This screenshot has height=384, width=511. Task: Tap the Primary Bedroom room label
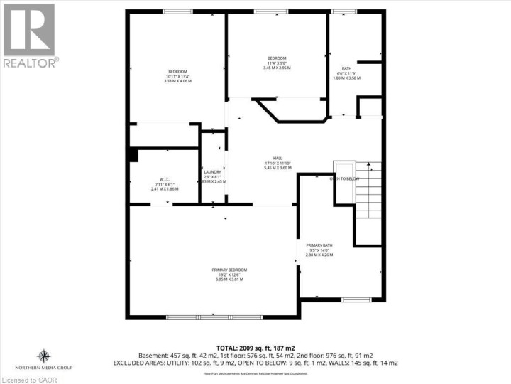(229, 270)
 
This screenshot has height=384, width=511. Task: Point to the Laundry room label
(212, 172)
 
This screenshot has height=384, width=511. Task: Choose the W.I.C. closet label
(164, 179)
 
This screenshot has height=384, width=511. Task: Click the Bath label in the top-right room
(348, 68)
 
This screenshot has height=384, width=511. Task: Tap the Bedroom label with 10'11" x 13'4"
(177, 71)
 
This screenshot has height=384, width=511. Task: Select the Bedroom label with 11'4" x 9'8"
(277, 58)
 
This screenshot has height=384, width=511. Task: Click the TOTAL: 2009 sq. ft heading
(255, 346)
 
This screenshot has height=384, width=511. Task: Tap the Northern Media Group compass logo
(44, 355)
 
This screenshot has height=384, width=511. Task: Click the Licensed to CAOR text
(27, 378)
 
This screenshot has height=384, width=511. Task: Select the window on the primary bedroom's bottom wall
(213, 316)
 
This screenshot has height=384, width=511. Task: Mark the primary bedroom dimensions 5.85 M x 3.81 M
(229, 279)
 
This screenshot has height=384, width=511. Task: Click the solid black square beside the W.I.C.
(131, 155)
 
